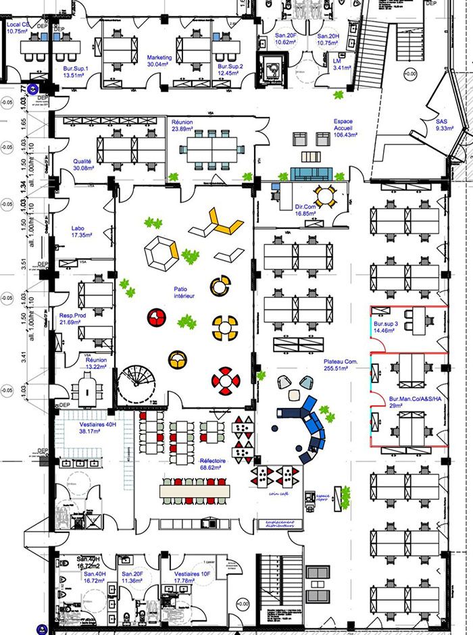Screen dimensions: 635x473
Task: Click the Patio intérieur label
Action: click(x=184, y=291)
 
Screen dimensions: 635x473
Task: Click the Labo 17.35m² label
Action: click(x=85, y=232)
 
